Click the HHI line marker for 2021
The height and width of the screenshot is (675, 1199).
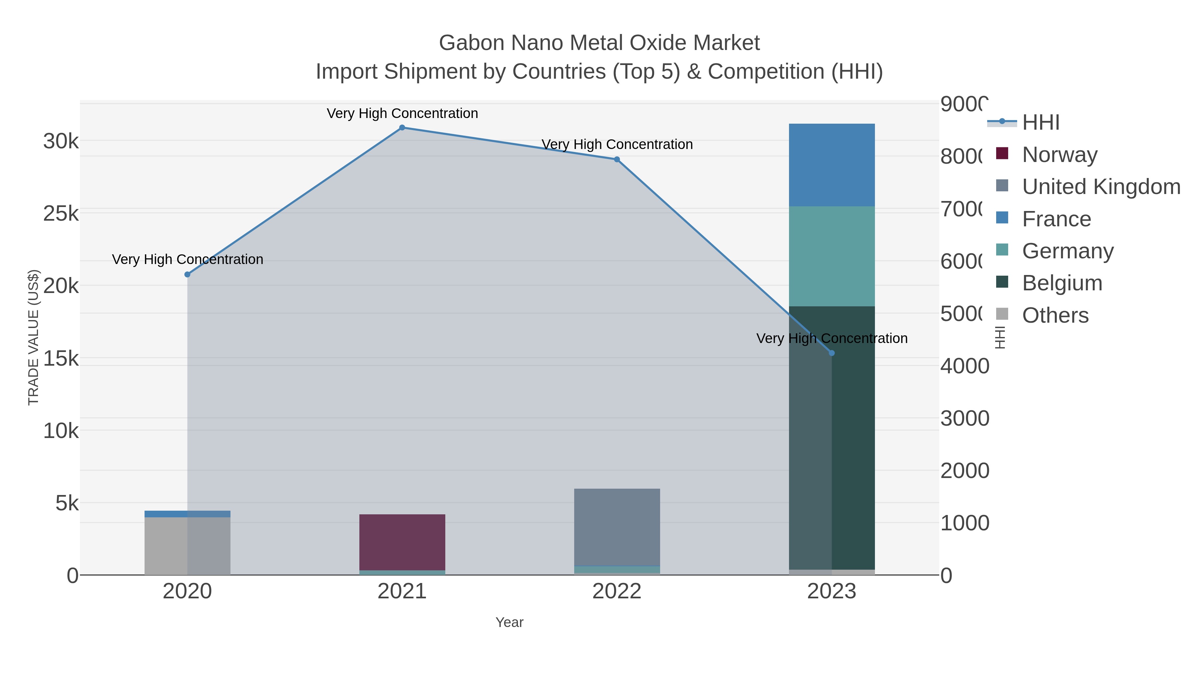402,128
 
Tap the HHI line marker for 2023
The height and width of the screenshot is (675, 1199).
832,353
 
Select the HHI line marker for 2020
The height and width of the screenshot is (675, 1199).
188,274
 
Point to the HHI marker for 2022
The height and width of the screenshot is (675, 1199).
617,159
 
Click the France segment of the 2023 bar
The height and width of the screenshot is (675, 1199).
832,165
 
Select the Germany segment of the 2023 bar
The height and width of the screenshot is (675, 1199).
832,256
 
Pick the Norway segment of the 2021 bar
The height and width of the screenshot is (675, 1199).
402,542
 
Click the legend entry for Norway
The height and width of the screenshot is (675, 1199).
1059,155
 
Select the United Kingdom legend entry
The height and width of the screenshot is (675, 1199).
1101,187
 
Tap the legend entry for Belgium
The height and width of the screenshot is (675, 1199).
1062,283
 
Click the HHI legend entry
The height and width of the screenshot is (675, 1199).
1041,123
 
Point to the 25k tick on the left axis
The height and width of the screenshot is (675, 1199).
61,214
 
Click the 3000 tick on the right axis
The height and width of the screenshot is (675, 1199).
965,418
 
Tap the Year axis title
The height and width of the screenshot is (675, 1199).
509,622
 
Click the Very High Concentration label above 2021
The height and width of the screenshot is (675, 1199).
402,113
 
